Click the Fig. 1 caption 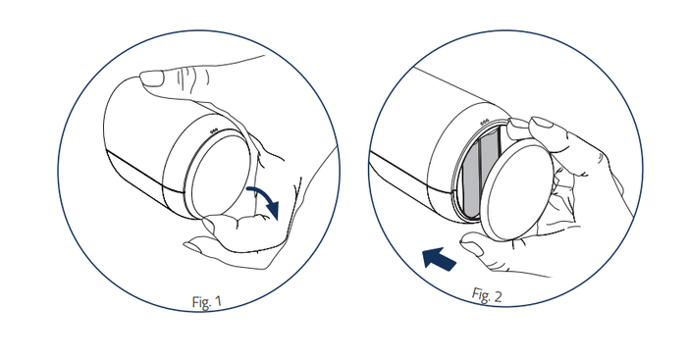[x=207, y=301]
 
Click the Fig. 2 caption [x=487, y=295]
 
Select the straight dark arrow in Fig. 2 [x=440, y=258]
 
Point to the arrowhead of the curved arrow [x=273, y=210]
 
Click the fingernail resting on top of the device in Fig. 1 [x=151, y=79]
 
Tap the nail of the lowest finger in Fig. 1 [x=192, y=246]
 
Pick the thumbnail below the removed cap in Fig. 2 [x=473, y=247]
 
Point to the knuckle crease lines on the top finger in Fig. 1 [x=193, y=77]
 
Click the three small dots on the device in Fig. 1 [x=214, y=130]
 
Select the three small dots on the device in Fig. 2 [x=484, y=123]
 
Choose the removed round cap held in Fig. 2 [x=518, y=189]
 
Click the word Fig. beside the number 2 [x=480, y=294]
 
